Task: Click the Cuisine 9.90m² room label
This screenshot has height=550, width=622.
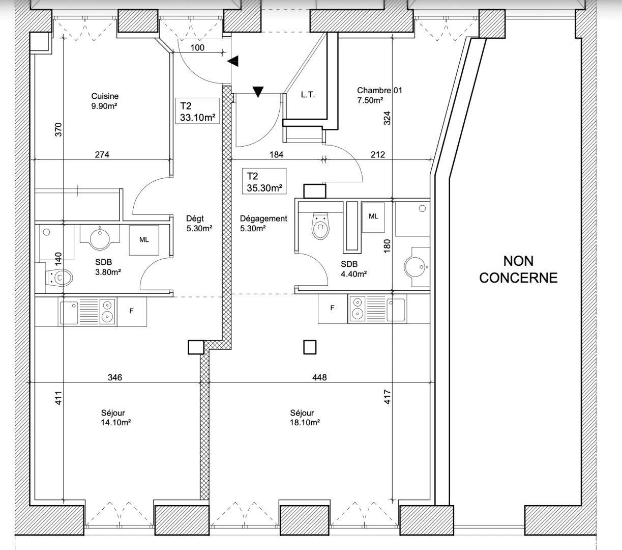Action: pyautogui.click(x=105, y=101)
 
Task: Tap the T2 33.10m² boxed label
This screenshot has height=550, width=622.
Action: pyautogui.click(x=197, y=111)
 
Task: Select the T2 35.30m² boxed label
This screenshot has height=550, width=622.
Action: pyautogui.click(x=264, y=181)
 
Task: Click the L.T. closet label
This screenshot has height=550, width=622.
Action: pyautogui.click(x=308, y=95)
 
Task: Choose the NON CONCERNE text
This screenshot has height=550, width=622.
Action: pyautogui.click(x=518, y=269)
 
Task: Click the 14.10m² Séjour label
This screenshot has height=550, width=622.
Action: pyautogui.click(x=116, y=418)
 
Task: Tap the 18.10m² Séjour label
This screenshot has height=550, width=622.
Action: pyautogui.click(x=305, y=418)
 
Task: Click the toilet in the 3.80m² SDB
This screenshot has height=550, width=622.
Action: pyautogui.click(x=58, y=278)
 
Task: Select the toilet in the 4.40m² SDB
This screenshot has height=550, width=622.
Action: pyautogui.click(x=320, y=226)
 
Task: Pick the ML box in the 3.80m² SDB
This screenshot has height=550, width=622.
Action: pyautogui.click(x=144, y=240)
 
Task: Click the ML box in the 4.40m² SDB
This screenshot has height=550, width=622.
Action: pyautogui.click(x=373, y=217)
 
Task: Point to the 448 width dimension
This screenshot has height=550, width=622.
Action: pyautogui.click(x=319, y=377)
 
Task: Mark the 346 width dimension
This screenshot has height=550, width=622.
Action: pyautogui.click(x=115, y=377)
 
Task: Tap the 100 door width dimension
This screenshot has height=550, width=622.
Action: pyautogui.click(x=197, y=48)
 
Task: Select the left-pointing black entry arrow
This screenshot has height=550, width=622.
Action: pyautogui.click(x=233, y=61)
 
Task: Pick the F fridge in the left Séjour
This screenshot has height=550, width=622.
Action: pyautogui.click(x=131, y=311)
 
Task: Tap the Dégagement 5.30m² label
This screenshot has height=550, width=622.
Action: pyautogui.click(x=263, y=223)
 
